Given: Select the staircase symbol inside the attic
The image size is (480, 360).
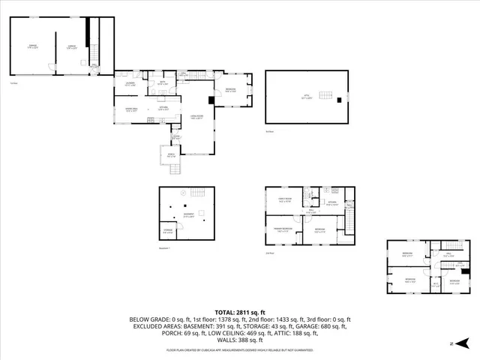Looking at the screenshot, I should pyautogui.click(x=326, y=94).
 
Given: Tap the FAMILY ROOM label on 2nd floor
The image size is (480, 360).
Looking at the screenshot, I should pyautogui.click(x=284, y=200).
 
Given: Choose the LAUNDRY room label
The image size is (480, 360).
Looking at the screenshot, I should pyautogui.click(x=130, y=84).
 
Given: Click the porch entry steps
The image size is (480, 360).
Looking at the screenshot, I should pyautogui.click(x=175, y=169).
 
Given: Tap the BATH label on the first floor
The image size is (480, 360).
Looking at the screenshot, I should pyautogui.click(x=162, y=84).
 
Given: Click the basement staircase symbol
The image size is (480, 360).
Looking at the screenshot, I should pyautogui.click(x=199, y=192).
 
